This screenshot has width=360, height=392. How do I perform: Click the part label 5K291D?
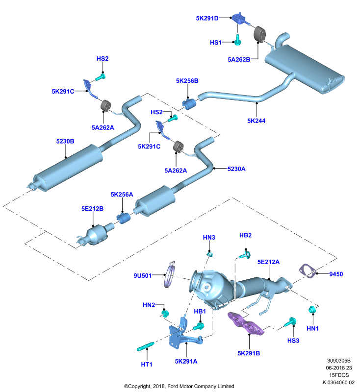coord(207,18)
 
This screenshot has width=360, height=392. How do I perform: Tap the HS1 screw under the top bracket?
coord(237,40)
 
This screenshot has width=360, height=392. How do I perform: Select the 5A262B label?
coord(239,59)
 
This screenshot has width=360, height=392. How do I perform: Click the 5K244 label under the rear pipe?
coord(256,121)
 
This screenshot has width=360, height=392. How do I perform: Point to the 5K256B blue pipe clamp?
coord(189,104)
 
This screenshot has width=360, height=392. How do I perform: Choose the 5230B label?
coord(65,141)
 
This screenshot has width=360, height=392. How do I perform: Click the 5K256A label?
coord(122,194)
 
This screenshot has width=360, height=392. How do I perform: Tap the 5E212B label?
coord(92,209)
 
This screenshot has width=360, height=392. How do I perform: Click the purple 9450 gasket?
coord(307,271)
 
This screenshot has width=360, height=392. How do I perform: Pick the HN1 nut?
coord(312,310)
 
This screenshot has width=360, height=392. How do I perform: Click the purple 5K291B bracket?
coord(246,324)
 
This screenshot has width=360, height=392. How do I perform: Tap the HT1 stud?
coord(145,346)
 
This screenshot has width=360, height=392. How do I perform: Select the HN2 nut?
coord(165,313)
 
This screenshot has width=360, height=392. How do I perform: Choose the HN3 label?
coord(209,237)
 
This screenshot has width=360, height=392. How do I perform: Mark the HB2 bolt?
coord(245,255)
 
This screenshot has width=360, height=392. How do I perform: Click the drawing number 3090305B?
coord(339,361)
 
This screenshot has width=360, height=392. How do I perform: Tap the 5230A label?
coord(236,169)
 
